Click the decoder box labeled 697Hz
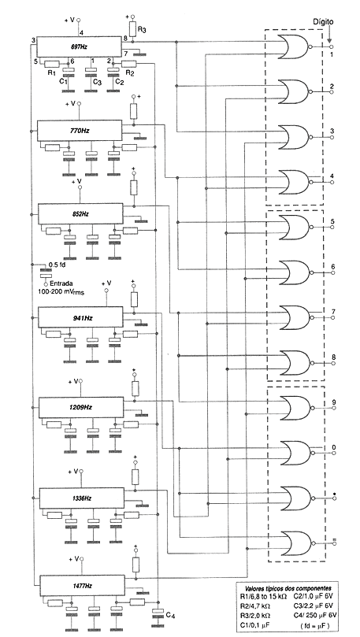coord(80,46)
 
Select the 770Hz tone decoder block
coord(80,128)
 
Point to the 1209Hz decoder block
coord(82,407)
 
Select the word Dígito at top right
coord(324,24)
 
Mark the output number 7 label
coord(333,311)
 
